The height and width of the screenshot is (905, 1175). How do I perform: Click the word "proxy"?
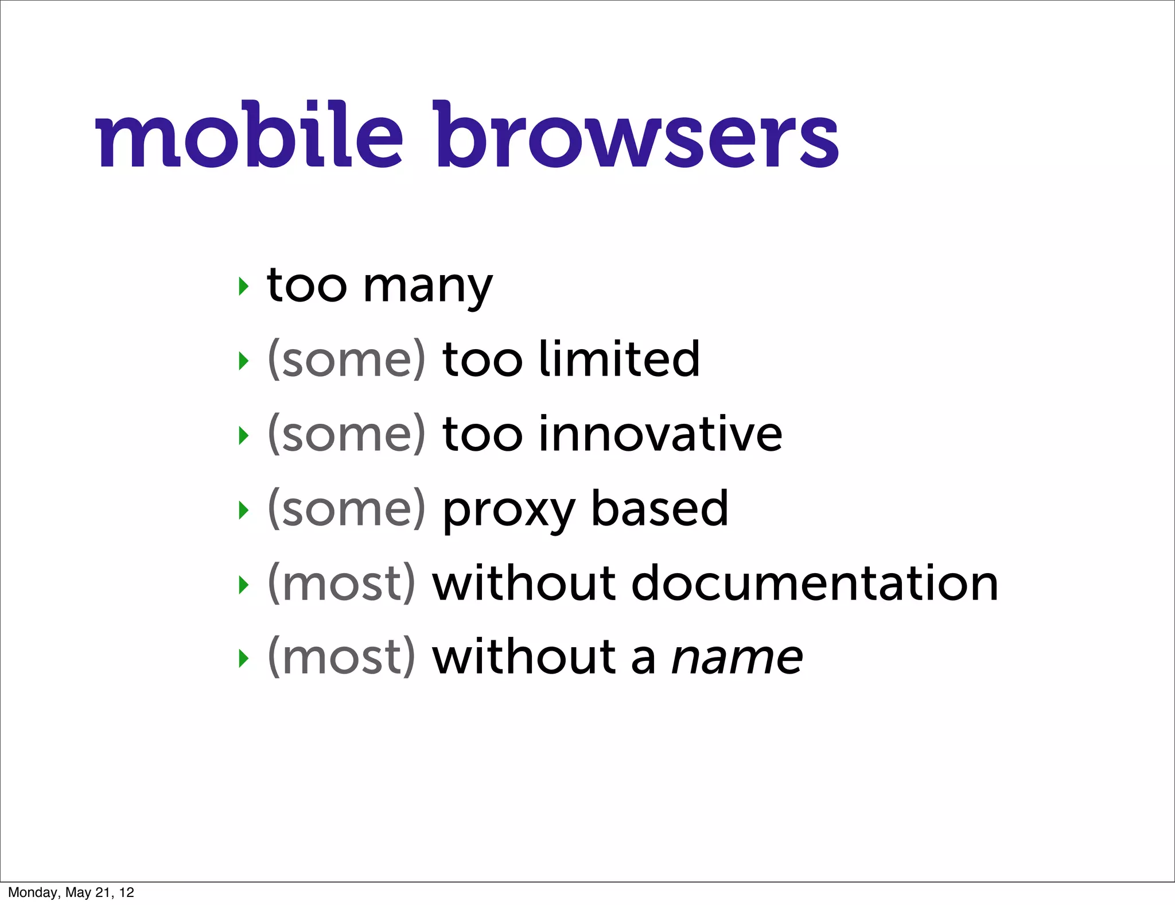(x=508, y=510)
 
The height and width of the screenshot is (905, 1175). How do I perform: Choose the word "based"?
(x=660, y=508)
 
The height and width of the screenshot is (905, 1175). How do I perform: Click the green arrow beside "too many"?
(x=244, y=285)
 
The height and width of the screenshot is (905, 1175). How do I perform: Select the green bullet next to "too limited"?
(x=244, y=361)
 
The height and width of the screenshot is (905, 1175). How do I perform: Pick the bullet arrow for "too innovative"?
(x=244, y=435)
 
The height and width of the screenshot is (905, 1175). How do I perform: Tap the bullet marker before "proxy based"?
(x=244, y=510)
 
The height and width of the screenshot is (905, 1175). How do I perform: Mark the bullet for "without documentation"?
(x=244, y=585)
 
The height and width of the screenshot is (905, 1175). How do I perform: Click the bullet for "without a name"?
(x=244, y=659)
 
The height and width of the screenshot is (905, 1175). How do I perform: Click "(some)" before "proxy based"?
(x=347, y=509)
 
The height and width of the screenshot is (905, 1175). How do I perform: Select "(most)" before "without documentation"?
(x=341, y=583)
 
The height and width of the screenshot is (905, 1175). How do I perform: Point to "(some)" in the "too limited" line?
(x=347, y=359)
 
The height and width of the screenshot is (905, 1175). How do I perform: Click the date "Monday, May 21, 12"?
(x=71, y=892)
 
